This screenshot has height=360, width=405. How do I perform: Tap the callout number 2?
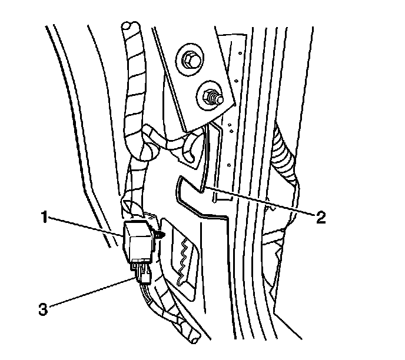pos(320,217)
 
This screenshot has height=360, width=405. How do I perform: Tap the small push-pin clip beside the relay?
pos(162,236)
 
